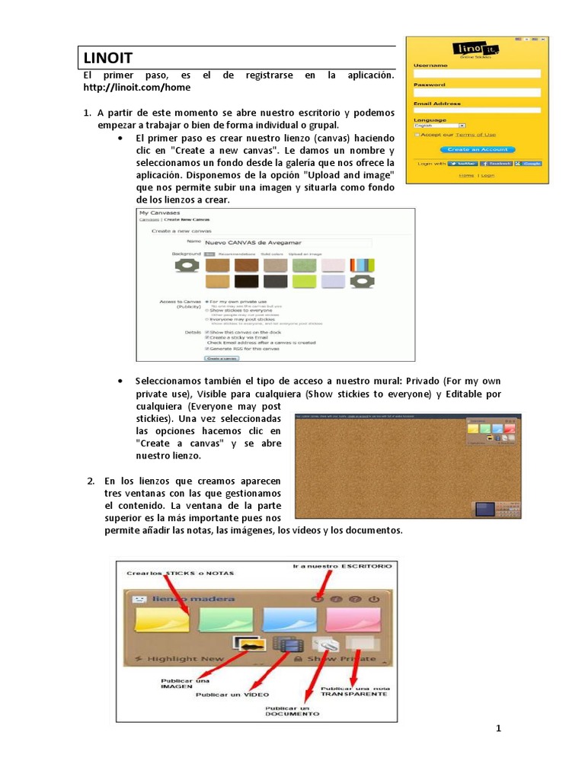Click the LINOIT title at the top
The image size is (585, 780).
[107, 57]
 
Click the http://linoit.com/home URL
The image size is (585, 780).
[136, 88]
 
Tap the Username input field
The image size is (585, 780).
[477, 73]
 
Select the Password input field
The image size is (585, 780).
[477, 92]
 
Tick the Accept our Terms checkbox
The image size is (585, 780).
[417, 134]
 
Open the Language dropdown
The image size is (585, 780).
[440, 126]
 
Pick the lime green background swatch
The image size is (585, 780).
[305, 282]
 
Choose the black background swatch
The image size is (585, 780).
[246, 282]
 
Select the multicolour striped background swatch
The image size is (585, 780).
[362, 265]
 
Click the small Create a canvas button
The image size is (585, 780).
[221, 357]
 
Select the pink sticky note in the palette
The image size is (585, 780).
[352, 619]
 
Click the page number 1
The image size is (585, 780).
[499, 728]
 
